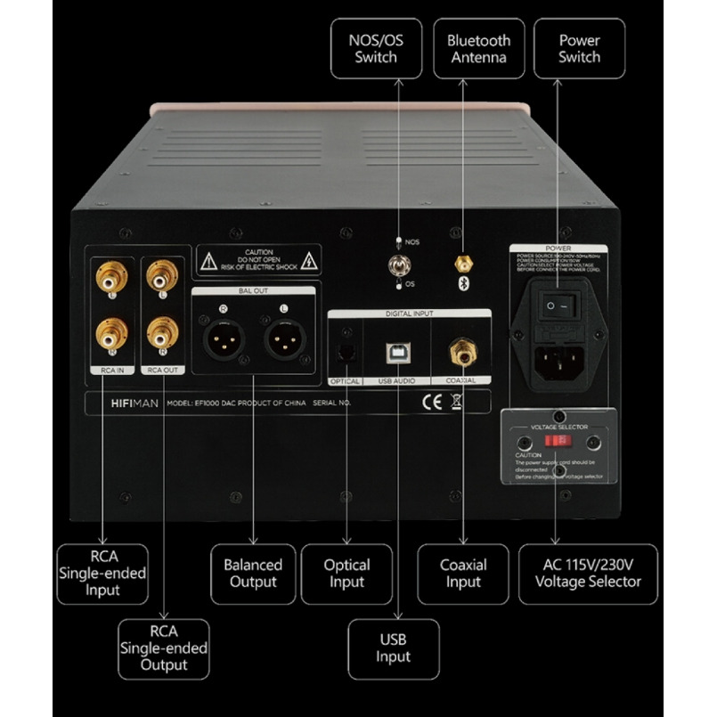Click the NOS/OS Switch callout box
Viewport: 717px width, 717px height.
point(376,48)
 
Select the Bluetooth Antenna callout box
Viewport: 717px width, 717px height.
point(478,48)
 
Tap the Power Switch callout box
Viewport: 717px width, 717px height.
point(579,48)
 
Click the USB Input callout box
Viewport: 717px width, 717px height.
point(393,648)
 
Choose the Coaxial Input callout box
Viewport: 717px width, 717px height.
point(463,574)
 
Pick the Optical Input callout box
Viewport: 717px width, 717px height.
point(346,574)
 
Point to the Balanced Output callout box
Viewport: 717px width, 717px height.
point(252,574)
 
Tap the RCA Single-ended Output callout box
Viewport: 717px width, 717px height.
point(164,649)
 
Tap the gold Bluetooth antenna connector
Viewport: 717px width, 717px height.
point(462,263)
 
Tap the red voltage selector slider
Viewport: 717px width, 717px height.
point(558,441)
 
